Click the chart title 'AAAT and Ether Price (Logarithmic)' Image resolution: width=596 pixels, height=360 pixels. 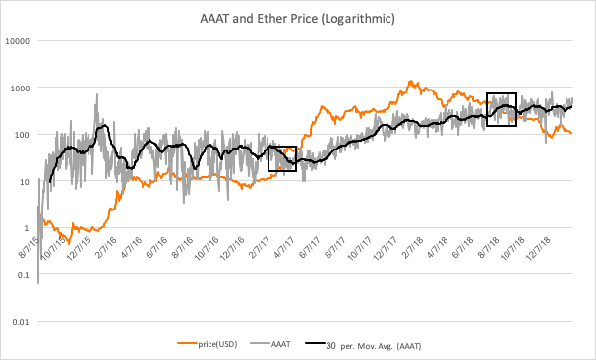point(298,18)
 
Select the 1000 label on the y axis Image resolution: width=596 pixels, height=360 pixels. point(21,88)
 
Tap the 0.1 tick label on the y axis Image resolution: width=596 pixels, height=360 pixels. point(24,275)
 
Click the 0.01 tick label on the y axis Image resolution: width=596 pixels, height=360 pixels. point(22,322)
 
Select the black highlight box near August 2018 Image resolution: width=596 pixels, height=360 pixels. point(502,110)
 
